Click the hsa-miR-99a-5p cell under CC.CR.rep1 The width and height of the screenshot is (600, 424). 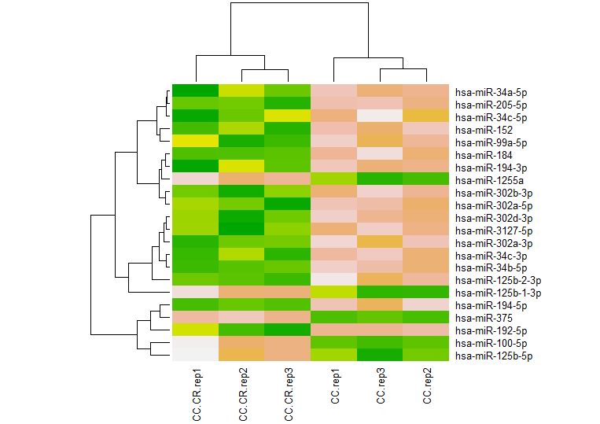point(196,142)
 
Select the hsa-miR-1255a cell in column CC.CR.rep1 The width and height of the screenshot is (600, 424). point(196,179)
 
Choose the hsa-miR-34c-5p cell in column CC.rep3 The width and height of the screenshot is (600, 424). point(381,116)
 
